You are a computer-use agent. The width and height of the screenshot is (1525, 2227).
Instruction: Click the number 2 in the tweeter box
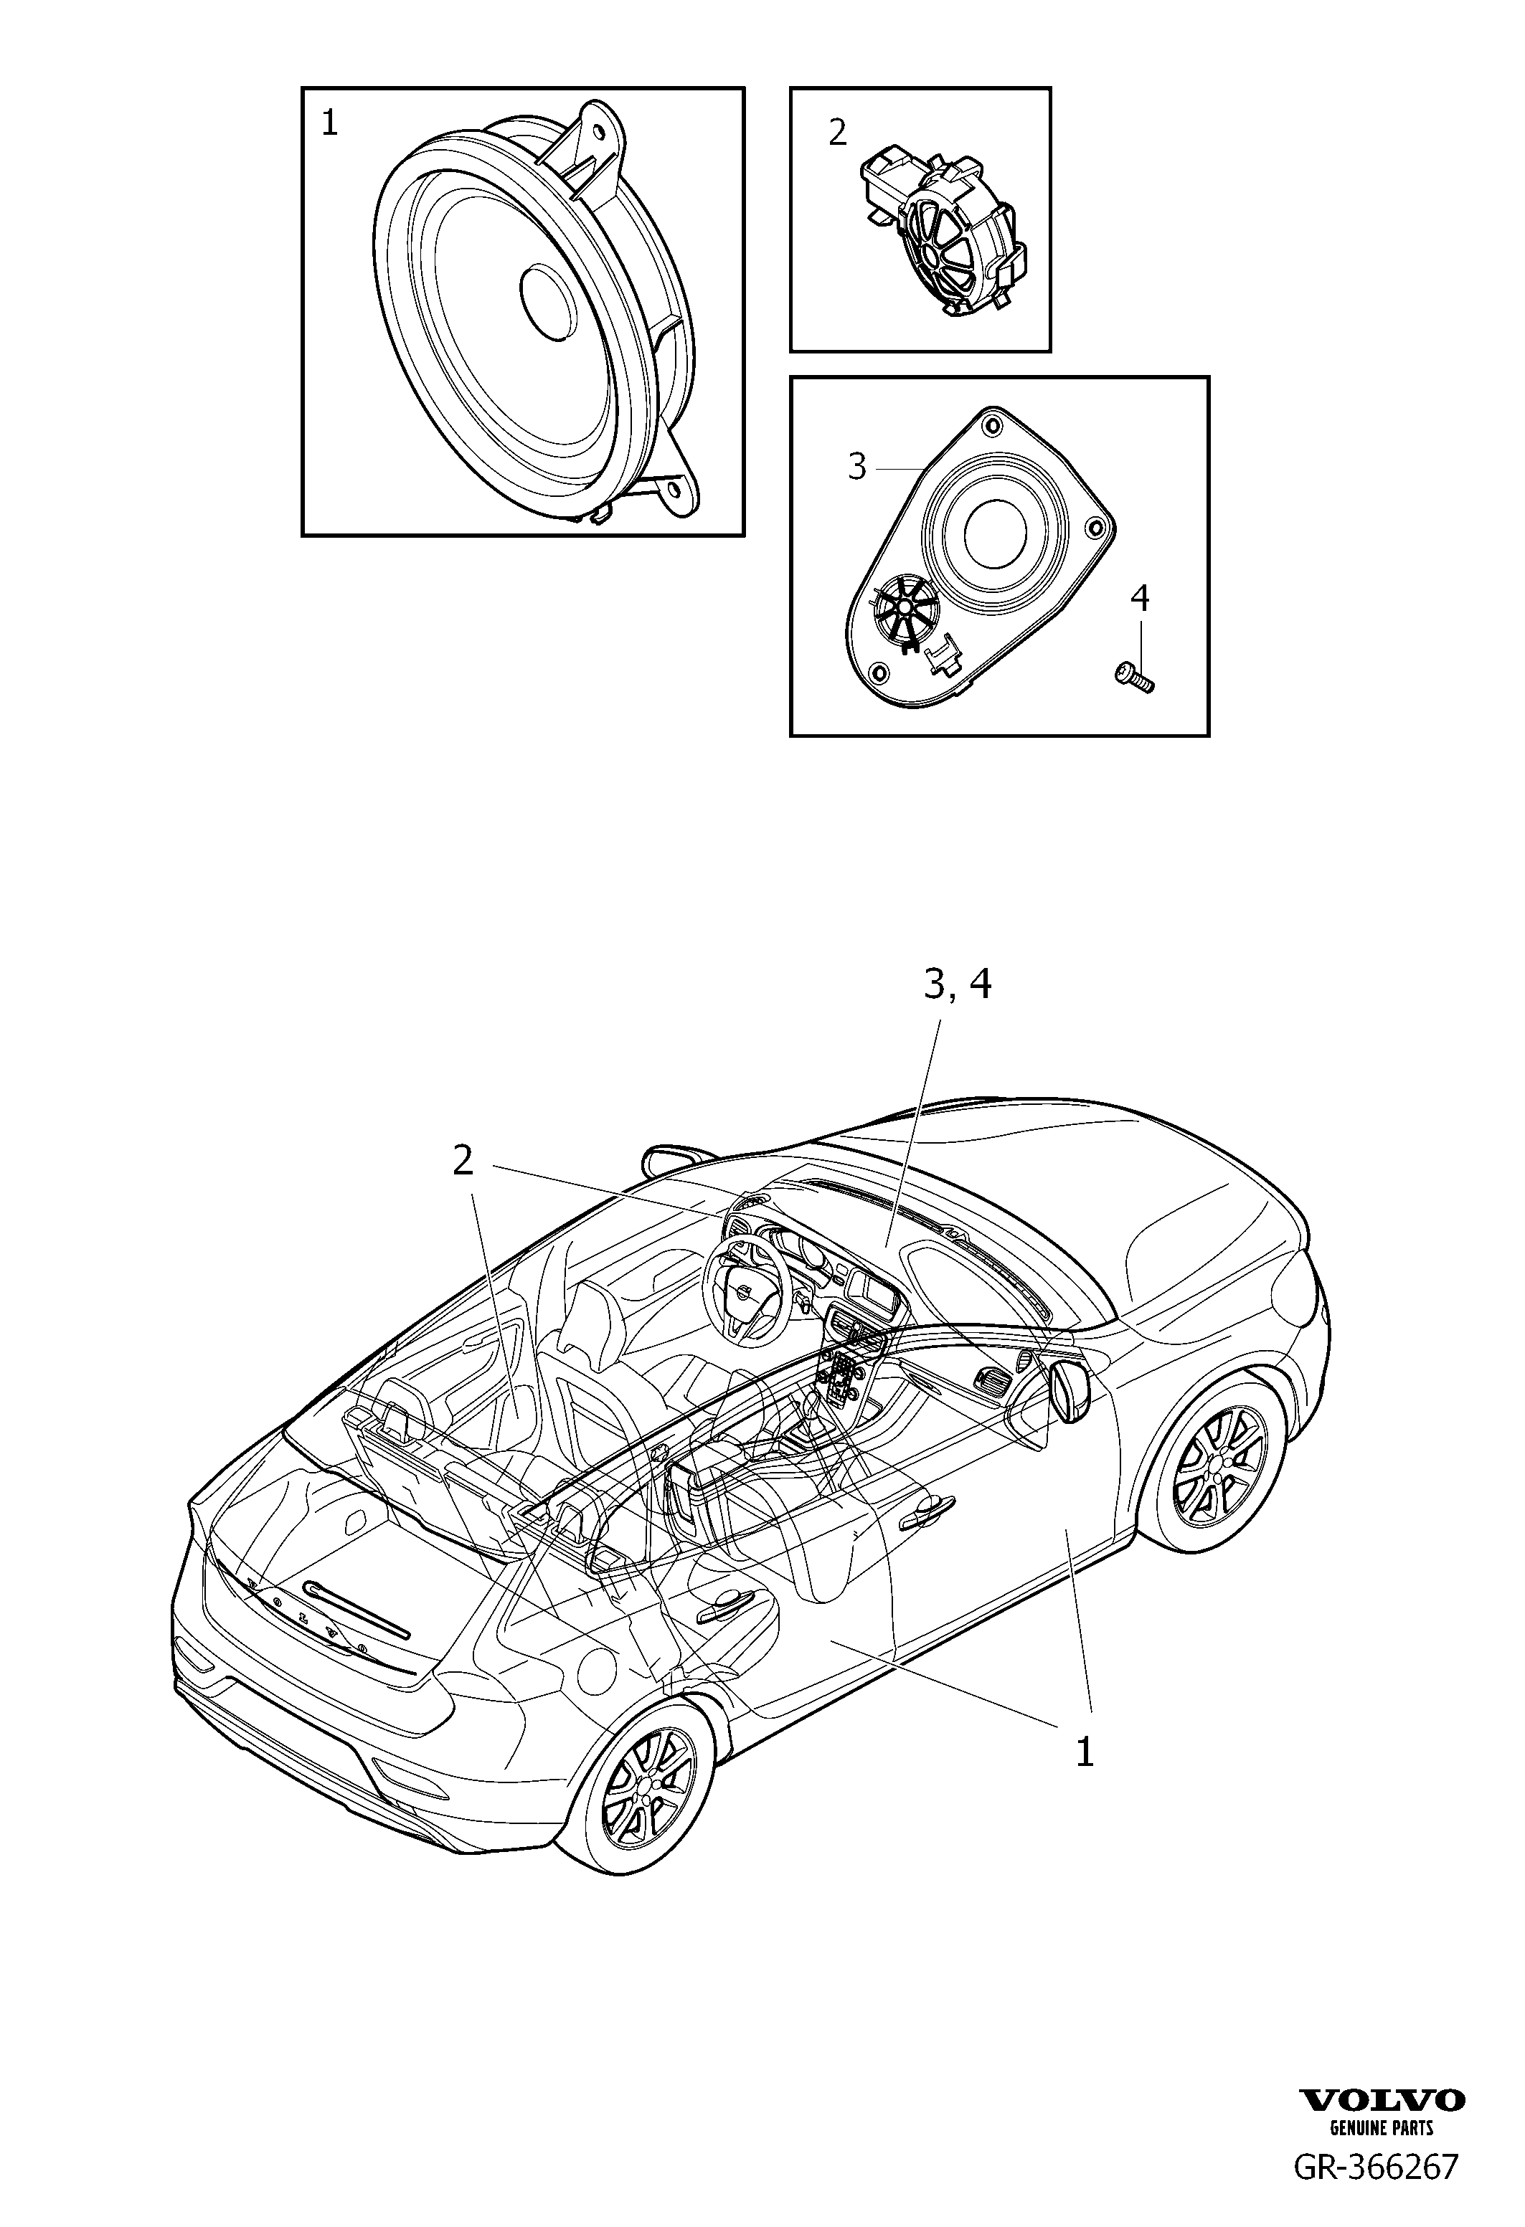pos(838,132)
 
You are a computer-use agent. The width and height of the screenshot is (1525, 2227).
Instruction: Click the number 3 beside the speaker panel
pos(857,467)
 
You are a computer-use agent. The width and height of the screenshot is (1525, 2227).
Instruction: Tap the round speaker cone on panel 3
pos(998,532)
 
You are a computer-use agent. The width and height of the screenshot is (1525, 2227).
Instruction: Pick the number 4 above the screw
pos(1138,598)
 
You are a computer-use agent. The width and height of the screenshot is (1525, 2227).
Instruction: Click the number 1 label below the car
pos(1084,1752)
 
